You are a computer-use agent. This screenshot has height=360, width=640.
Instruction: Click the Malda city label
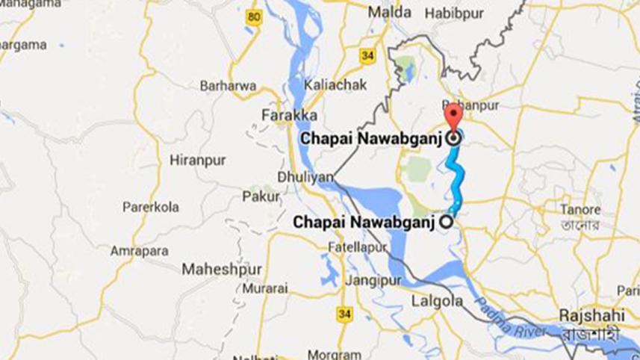[390, 13]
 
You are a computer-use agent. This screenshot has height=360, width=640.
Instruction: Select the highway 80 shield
[255, 17]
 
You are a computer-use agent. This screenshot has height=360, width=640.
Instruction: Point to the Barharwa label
[228, 85]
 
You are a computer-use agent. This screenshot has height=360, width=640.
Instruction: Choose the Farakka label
[291, 115]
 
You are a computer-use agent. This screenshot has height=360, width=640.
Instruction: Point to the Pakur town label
[261, 196]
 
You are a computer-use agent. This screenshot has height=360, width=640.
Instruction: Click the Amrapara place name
[139, 251]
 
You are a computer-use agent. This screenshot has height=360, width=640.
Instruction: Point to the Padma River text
[500, 312]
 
